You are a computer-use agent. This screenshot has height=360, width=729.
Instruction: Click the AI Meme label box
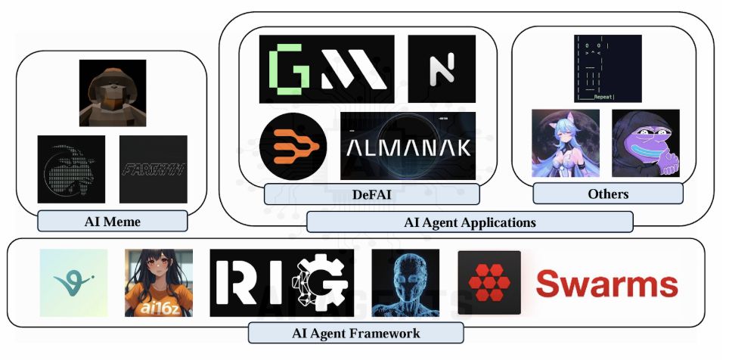(112, 221)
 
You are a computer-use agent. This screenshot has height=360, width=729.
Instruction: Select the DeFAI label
(371, 194)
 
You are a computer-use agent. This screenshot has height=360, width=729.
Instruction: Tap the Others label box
(608, 194)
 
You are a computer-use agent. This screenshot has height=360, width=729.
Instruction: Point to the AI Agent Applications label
(470, 222)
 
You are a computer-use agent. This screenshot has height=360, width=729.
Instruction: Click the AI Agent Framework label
(355, 333)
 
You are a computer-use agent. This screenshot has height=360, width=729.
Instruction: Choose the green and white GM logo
(327, 69)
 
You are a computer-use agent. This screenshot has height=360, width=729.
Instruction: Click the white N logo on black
(442, 69)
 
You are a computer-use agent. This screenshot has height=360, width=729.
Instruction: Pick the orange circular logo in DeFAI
(293, 146)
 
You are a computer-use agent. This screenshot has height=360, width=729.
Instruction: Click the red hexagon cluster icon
(489, 283)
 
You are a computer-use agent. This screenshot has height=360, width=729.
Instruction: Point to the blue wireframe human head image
(405, 283)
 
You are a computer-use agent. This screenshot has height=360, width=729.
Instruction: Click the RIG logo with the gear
(281, 283)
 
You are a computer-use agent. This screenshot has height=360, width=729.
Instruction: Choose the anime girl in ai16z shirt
(159, 283)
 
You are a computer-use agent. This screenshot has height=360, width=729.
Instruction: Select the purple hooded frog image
(645, 143)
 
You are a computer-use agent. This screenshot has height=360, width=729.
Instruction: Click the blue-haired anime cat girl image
(566, 143)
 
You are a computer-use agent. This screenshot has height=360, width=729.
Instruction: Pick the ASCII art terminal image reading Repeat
(608, 68)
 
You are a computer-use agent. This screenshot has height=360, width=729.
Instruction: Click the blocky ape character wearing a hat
(112, 93)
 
